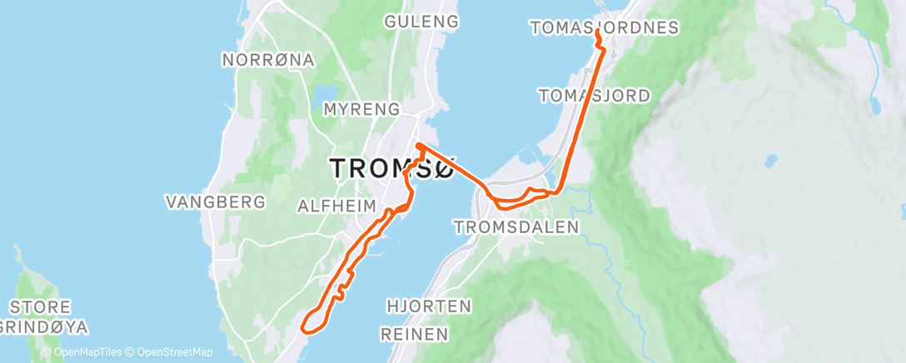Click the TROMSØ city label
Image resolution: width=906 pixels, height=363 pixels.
point(392,167)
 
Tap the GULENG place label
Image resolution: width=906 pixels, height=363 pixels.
point(422,22)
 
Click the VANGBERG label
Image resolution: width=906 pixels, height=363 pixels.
point(216,201)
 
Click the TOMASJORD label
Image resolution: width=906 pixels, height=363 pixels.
point(595,96)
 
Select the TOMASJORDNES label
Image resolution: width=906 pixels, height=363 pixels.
point(605,28)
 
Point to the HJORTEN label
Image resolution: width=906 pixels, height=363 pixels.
point(430,306)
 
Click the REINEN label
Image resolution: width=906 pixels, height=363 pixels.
point(414,334)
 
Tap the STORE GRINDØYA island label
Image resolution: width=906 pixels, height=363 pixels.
point(45,316)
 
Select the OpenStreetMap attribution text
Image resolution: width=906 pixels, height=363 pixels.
point(169,352)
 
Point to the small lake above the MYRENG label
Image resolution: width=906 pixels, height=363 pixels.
point(326,91)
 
